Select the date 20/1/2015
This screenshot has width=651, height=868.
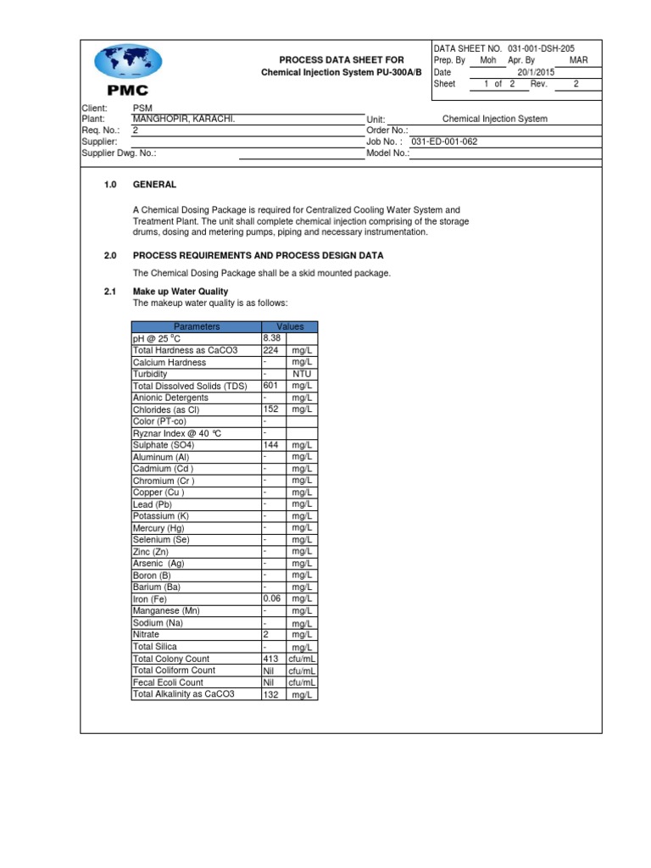[536, 73]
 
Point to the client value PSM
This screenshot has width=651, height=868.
[142, 108]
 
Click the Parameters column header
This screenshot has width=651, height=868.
[197, 326]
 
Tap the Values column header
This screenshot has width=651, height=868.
[290, 326]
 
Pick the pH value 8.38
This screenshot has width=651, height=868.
[272, 338]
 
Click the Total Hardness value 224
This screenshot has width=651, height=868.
[271, 350]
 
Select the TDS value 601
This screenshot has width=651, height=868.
[271, 386]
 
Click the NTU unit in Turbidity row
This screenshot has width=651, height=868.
[302, 374]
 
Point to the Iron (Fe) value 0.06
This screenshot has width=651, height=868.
[273, 598]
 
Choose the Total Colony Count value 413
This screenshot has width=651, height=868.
[272, 659]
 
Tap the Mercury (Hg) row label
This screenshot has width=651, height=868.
[160, 528]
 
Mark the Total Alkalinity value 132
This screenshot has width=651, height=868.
[271, 694]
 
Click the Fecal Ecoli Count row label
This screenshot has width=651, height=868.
[168, 682]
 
